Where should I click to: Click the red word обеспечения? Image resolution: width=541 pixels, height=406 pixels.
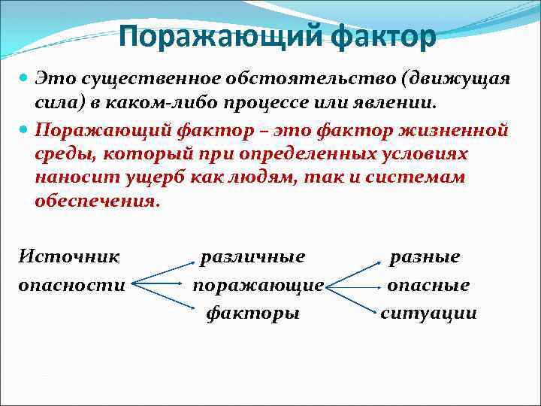pos(97,201)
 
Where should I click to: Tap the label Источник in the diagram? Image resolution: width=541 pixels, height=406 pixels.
pos(68,257)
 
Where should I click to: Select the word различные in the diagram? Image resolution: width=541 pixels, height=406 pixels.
pos(252,257)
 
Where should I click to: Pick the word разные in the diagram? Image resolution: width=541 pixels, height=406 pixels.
pos(424,257)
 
